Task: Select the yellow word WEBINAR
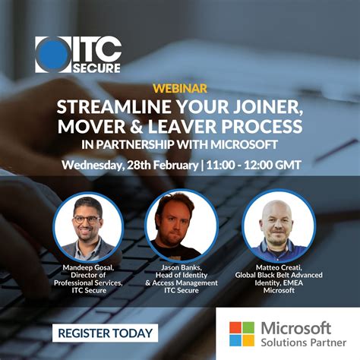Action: (180, 88)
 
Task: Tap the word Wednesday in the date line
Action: (94, 165)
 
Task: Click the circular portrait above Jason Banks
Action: (181, 224)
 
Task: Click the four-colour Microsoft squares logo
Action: (242, 333)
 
